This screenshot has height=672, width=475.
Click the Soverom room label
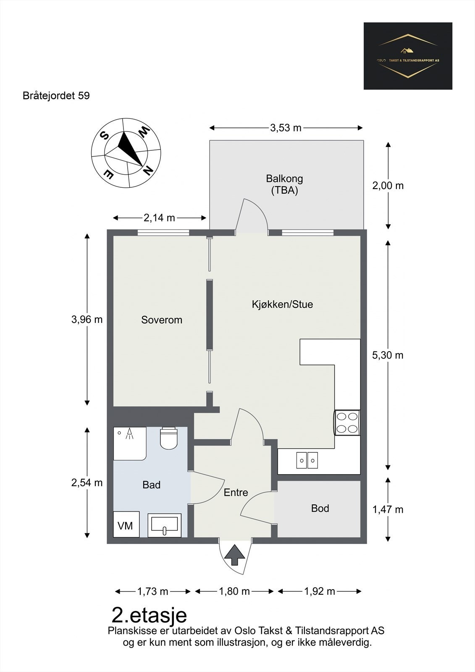pos(162,320)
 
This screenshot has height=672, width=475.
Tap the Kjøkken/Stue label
pos(282,304)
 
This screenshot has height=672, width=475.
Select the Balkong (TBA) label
pos(284,184)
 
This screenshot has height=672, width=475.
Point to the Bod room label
pos(320,508)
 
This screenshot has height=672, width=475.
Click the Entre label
pos(236,492)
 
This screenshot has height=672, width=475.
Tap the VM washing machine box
pos(126,524)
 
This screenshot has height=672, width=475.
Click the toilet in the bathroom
pos(169,438)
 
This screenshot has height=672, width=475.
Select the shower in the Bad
pos(130,444)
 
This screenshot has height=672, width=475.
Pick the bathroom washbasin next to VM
pos(165,525)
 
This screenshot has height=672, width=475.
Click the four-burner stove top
pos(347,423)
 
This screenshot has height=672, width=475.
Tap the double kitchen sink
pos(307,460)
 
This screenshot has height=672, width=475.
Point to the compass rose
pos(126,153)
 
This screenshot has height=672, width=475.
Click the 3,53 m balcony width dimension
pos(286,128)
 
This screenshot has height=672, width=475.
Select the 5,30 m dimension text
pos(388,355)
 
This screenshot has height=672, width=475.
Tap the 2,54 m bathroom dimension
pos(87,483)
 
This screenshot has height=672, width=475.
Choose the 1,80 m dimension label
pos(234,591)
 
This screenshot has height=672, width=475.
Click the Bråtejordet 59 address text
pos(56,96)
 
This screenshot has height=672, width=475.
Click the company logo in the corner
pos(408,56)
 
